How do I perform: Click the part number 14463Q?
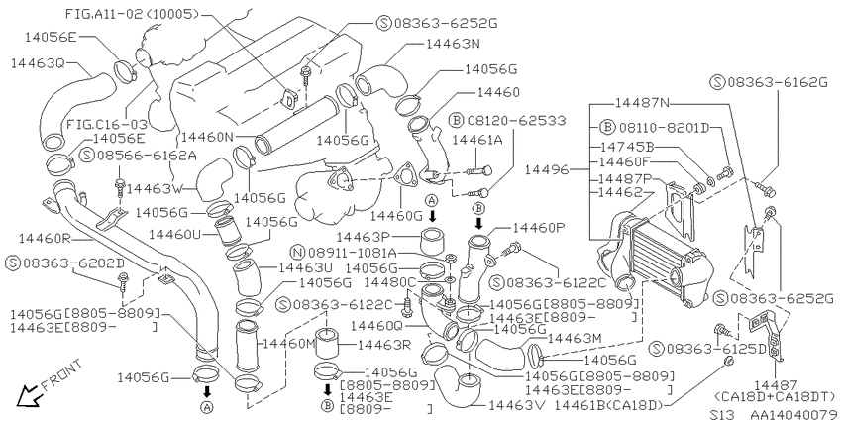tap(37, 64)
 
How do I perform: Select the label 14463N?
tap(453, 44)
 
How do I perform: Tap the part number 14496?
tap(546, 169)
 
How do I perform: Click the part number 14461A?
tap(477, 140)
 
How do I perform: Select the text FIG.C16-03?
tap(106, 125)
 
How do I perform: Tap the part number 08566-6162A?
tap(146, 156)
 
